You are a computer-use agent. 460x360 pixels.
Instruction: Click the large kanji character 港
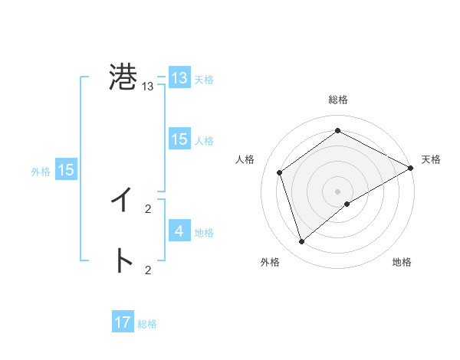pos(123,78)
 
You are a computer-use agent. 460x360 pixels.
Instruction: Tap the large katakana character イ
pos(123,201)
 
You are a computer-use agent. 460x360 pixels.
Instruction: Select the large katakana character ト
pos(123,261)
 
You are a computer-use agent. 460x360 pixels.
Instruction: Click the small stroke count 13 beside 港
pos(148,87)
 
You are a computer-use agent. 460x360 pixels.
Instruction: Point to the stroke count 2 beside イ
pos(148,208)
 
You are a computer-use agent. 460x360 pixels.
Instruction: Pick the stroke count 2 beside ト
pos(148,270)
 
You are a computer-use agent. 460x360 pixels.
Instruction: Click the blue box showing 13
pos(179,78)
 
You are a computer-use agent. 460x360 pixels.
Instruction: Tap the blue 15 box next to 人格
pos(179,139)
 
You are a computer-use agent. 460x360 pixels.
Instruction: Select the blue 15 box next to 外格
pos(66,170)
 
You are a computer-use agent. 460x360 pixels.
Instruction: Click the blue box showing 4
pos(179,231)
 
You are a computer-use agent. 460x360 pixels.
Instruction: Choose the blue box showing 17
pos(123,322)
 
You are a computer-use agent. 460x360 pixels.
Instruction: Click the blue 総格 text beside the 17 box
pos(147,324)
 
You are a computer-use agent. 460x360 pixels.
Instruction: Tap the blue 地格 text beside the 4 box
pos(204,232)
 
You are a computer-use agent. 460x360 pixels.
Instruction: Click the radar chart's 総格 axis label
pos(338,100)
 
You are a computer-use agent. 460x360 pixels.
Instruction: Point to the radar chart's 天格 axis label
pos(432,159)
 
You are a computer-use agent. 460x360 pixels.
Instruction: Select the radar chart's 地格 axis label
pos(402,262)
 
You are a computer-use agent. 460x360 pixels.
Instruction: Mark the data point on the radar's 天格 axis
pos(411,168)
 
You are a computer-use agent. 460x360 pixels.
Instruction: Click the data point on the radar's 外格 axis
pos(302,242)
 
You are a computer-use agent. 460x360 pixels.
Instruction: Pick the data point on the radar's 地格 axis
pos(347,204)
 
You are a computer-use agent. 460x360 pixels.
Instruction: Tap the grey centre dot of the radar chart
pos(338,191)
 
